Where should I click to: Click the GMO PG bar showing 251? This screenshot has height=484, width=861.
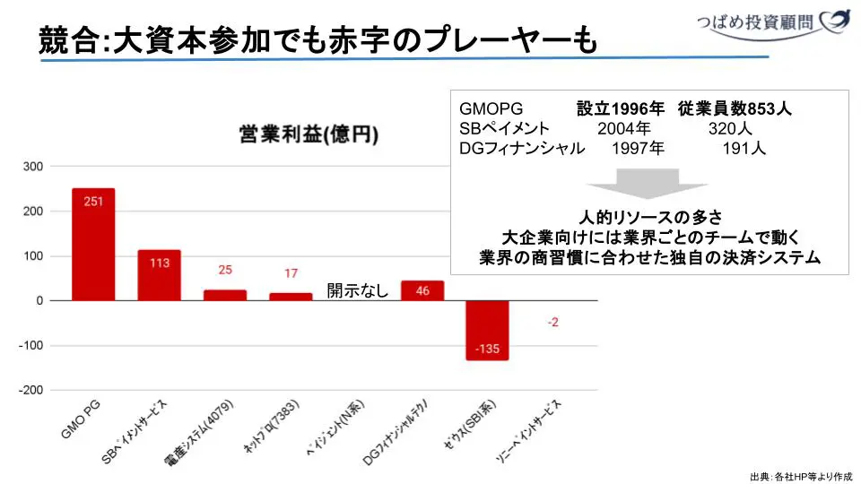point(93,244)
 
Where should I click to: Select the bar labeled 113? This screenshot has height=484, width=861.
point(159,274)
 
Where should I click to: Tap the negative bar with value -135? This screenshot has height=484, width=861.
point(487,330)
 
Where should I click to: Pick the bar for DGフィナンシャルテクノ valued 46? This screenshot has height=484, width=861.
point(422,290)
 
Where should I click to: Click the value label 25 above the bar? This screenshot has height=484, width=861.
point(224,270)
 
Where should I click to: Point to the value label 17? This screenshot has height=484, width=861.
point(291,273)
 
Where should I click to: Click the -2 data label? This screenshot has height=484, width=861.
point(552,322)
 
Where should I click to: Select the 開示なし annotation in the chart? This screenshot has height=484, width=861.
point(357,290)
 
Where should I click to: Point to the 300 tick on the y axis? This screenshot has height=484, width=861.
point(33,167)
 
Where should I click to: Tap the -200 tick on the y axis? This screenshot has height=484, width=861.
point(30,391)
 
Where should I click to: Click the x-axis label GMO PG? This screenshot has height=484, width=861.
point(82,421)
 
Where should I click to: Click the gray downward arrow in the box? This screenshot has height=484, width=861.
point(636,183)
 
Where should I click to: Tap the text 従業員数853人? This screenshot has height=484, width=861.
point(735,109)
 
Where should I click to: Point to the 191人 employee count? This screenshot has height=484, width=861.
point(744,149)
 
